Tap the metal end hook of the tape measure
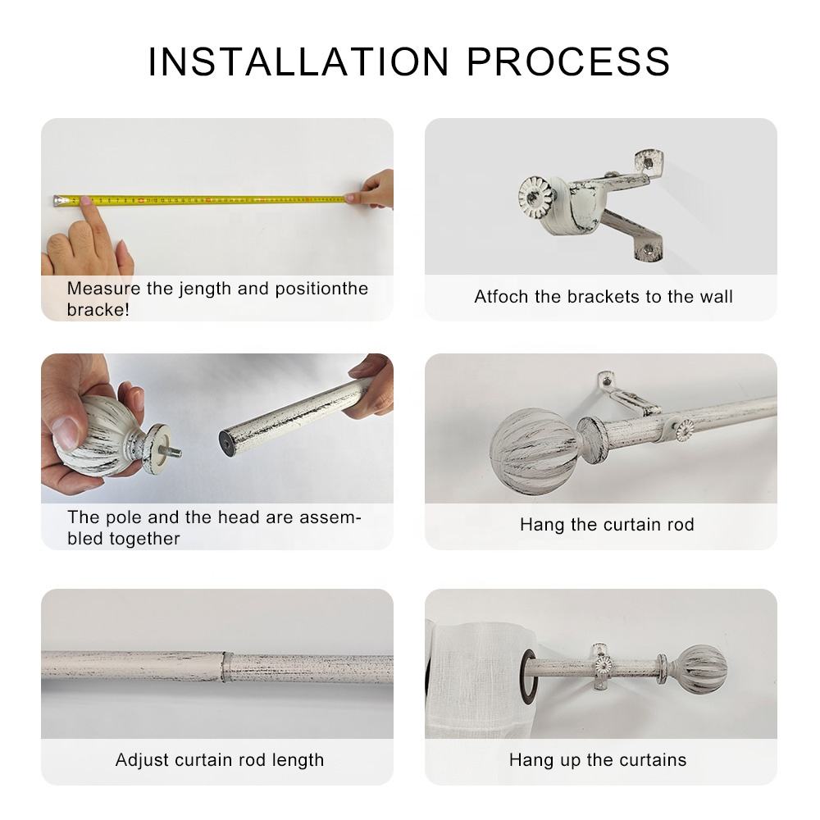click(x=57, y=199)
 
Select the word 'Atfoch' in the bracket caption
click(x=502, y=297)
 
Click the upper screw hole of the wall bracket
click(x=648, y=162)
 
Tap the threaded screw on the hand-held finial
click(x=173, y=450)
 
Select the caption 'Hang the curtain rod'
click(x=607, y=525)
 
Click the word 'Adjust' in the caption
click(x=141, y=759)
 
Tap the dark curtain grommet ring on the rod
click(x=531, y=666)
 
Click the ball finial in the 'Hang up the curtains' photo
click(x=702, y=666)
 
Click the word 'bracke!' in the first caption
click(x=98, y=310)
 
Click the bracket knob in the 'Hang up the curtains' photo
click(x=604, y=664)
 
